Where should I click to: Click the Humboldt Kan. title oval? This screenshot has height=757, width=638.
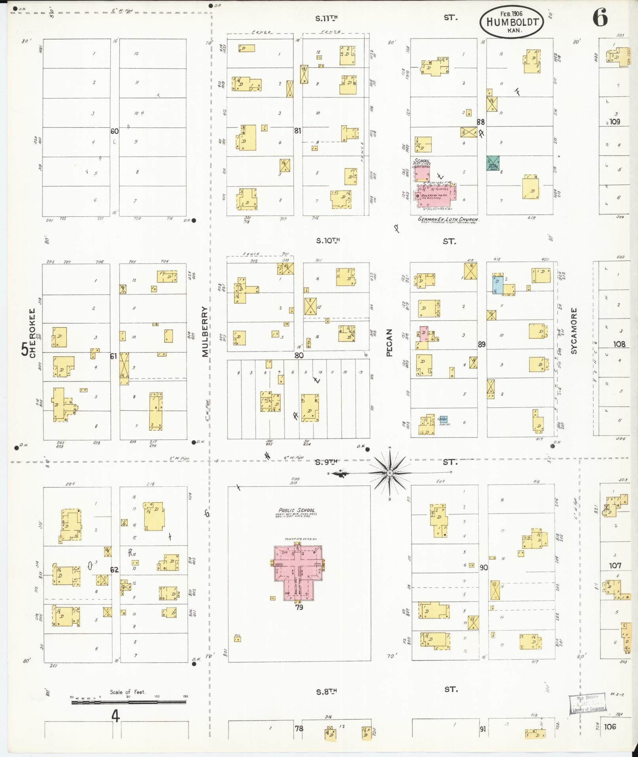point(511,22)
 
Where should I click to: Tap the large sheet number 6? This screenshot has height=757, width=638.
point(600,18)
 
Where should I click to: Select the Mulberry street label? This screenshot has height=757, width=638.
point(205,332)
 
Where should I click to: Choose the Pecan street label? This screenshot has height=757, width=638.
point(389,343)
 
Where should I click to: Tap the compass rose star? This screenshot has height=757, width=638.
point(390,473)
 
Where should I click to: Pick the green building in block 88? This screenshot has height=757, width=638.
point(493,163)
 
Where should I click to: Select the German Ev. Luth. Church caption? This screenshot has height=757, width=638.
point(448,219)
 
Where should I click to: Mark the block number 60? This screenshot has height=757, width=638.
point(115,131)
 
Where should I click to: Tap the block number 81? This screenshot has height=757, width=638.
point(298,131)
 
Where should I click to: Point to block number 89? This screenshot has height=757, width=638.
point(481,344)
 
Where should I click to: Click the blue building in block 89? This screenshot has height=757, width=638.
point(497,285)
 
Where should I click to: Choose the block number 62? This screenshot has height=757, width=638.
point(114,570)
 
